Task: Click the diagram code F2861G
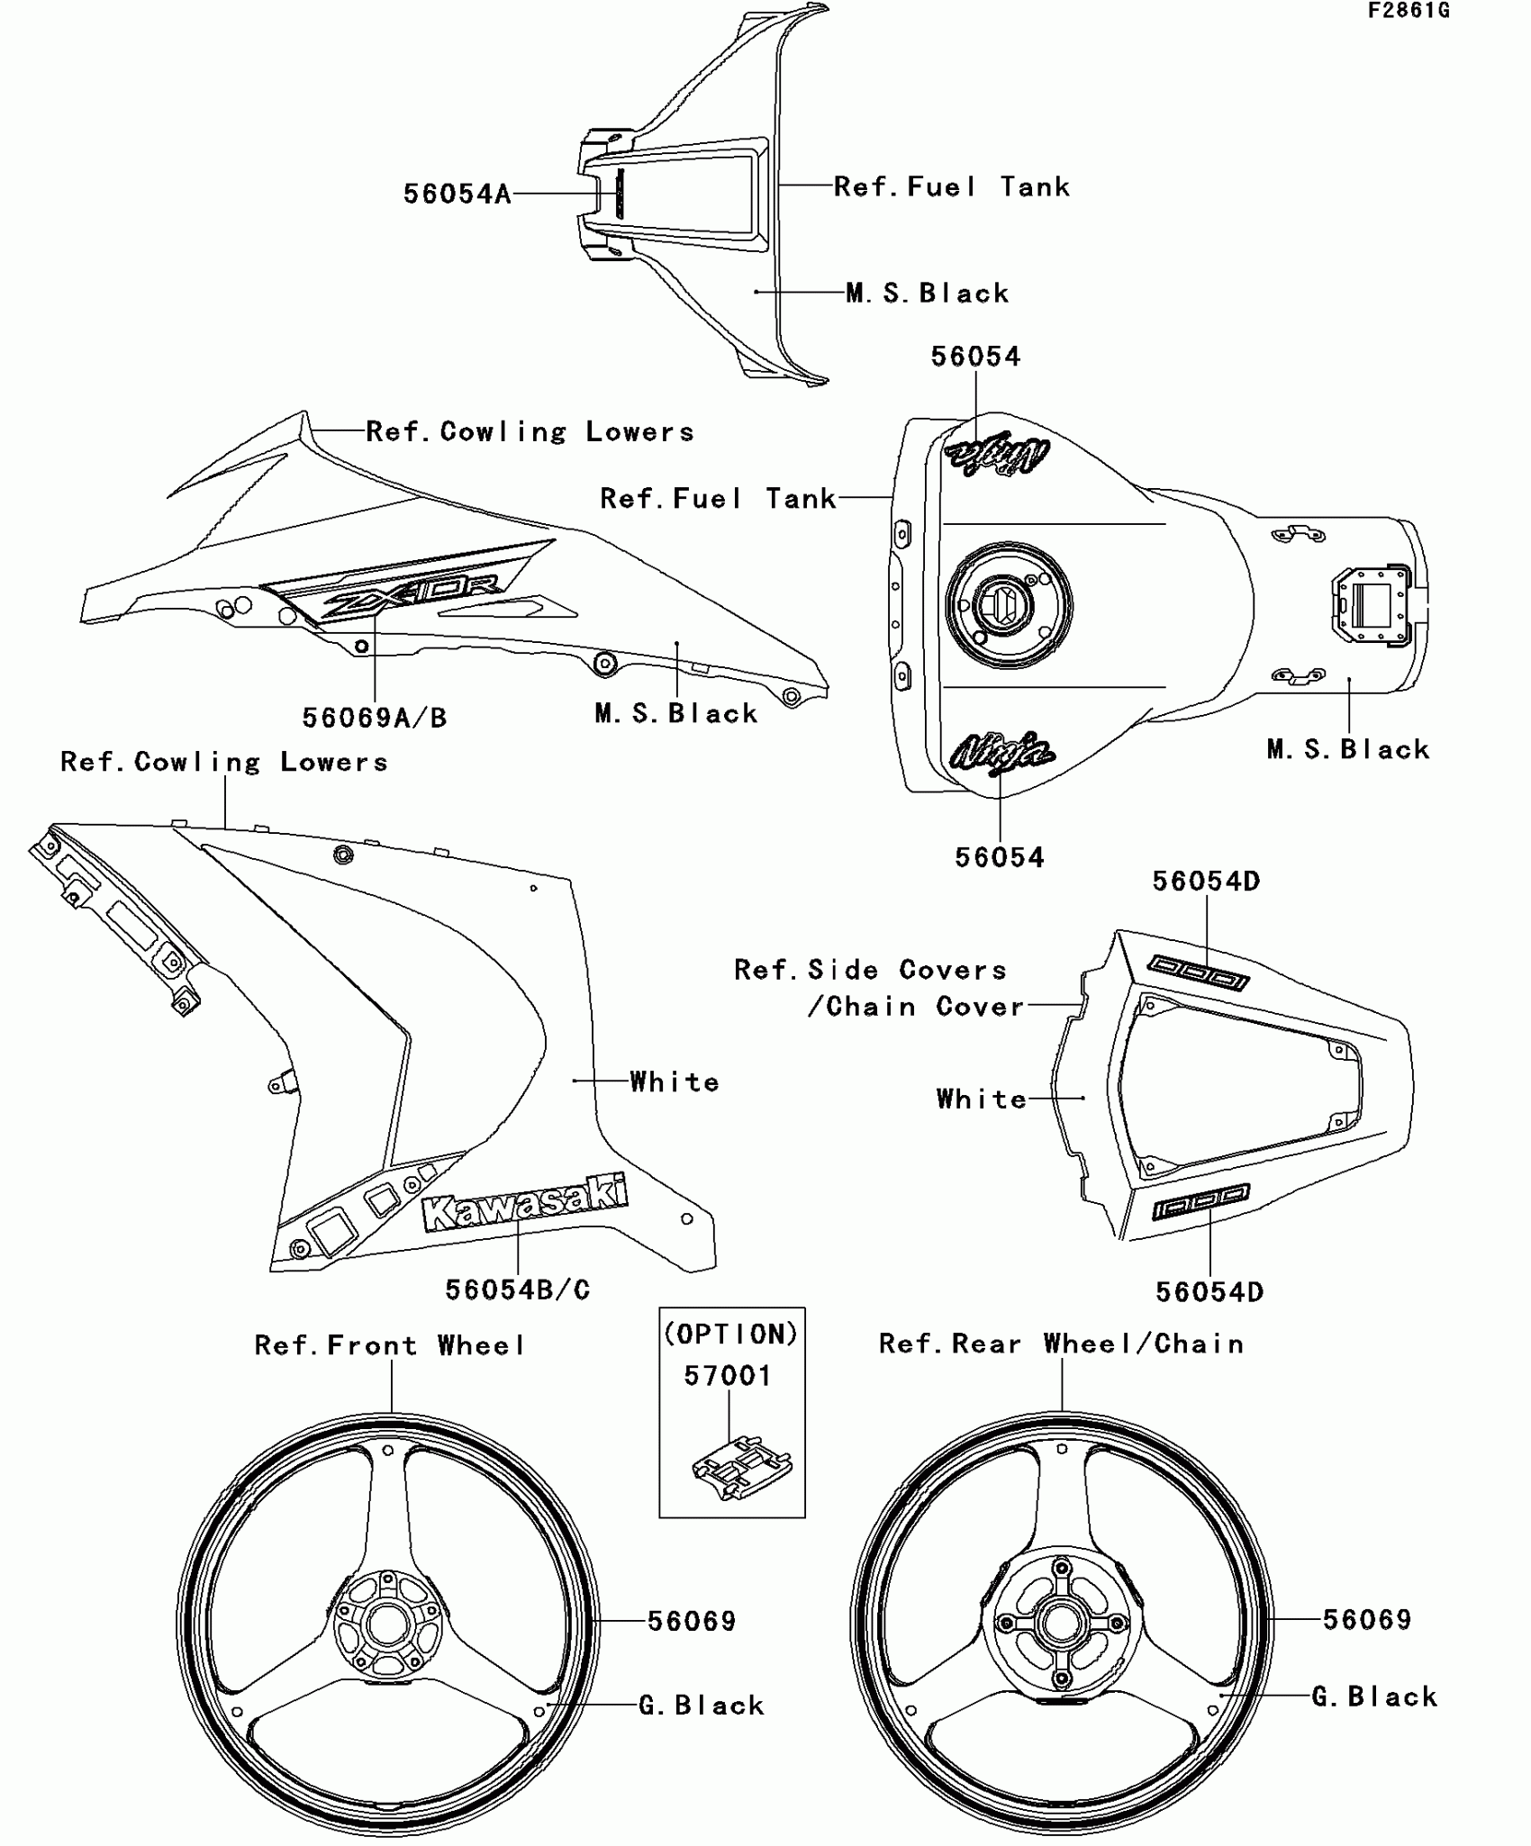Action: [x=1409, y=11]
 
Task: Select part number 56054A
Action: [x=457, y=194]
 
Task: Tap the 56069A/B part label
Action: [x=374, y=718]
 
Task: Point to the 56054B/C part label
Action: [x=518, y=1289]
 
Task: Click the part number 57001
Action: [x=728, y=1375]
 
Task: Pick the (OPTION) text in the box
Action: [x=731, y=1334]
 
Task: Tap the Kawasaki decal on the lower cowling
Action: [x=524, y=1202]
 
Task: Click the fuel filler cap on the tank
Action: [x=1009, y=604]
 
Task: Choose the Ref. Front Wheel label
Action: [x=390, y=1345]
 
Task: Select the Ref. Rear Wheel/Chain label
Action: [x=1061, y=1344]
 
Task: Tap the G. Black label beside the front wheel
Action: [x=702, y=1705]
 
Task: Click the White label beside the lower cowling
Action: [x=675, y=1081]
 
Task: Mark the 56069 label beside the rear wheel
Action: [x=1366, y=1619]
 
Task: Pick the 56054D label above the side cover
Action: [x=1206, y=881]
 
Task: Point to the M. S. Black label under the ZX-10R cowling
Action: [x=675, y=713]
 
